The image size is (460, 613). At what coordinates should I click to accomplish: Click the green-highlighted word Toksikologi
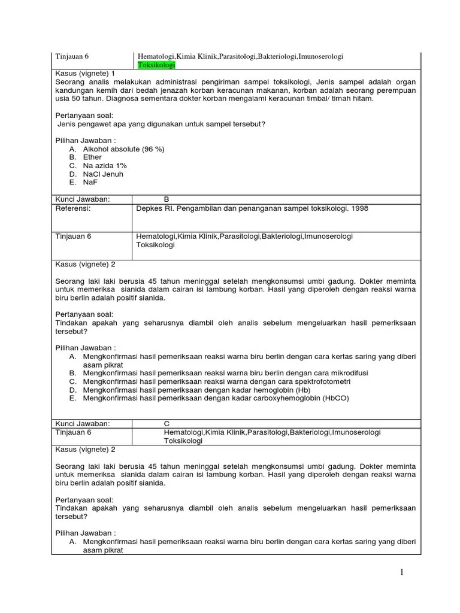click(156, 65)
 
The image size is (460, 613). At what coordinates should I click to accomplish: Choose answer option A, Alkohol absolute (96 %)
click(123, 148)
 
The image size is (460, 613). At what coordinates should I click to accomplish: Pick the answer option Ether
click(92, 157)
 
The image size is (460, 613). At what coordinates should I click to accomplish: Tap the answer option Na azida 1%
click(105, 165)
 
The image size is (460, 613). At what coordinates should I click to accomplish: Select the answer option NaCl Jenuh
click(103, 174)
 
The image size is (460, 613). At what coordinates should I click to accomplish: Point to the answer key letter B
click(167, 199)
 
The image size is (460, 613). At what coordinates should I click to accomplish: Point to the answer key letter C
click(167, 423)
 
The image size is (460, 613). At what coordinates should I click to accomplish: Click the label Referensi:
click(72, 208)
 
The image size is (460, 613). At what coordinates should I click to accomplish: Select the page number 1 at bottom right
click(403, 573)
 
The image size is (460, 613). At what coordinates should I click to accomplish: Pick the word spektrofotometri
click(322, 381)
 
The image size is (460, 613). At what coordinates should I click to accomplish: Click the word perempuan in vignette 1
click(394, 90)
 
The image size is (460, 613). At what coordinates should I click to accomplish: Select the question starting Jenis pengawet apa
click(161, 124)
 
